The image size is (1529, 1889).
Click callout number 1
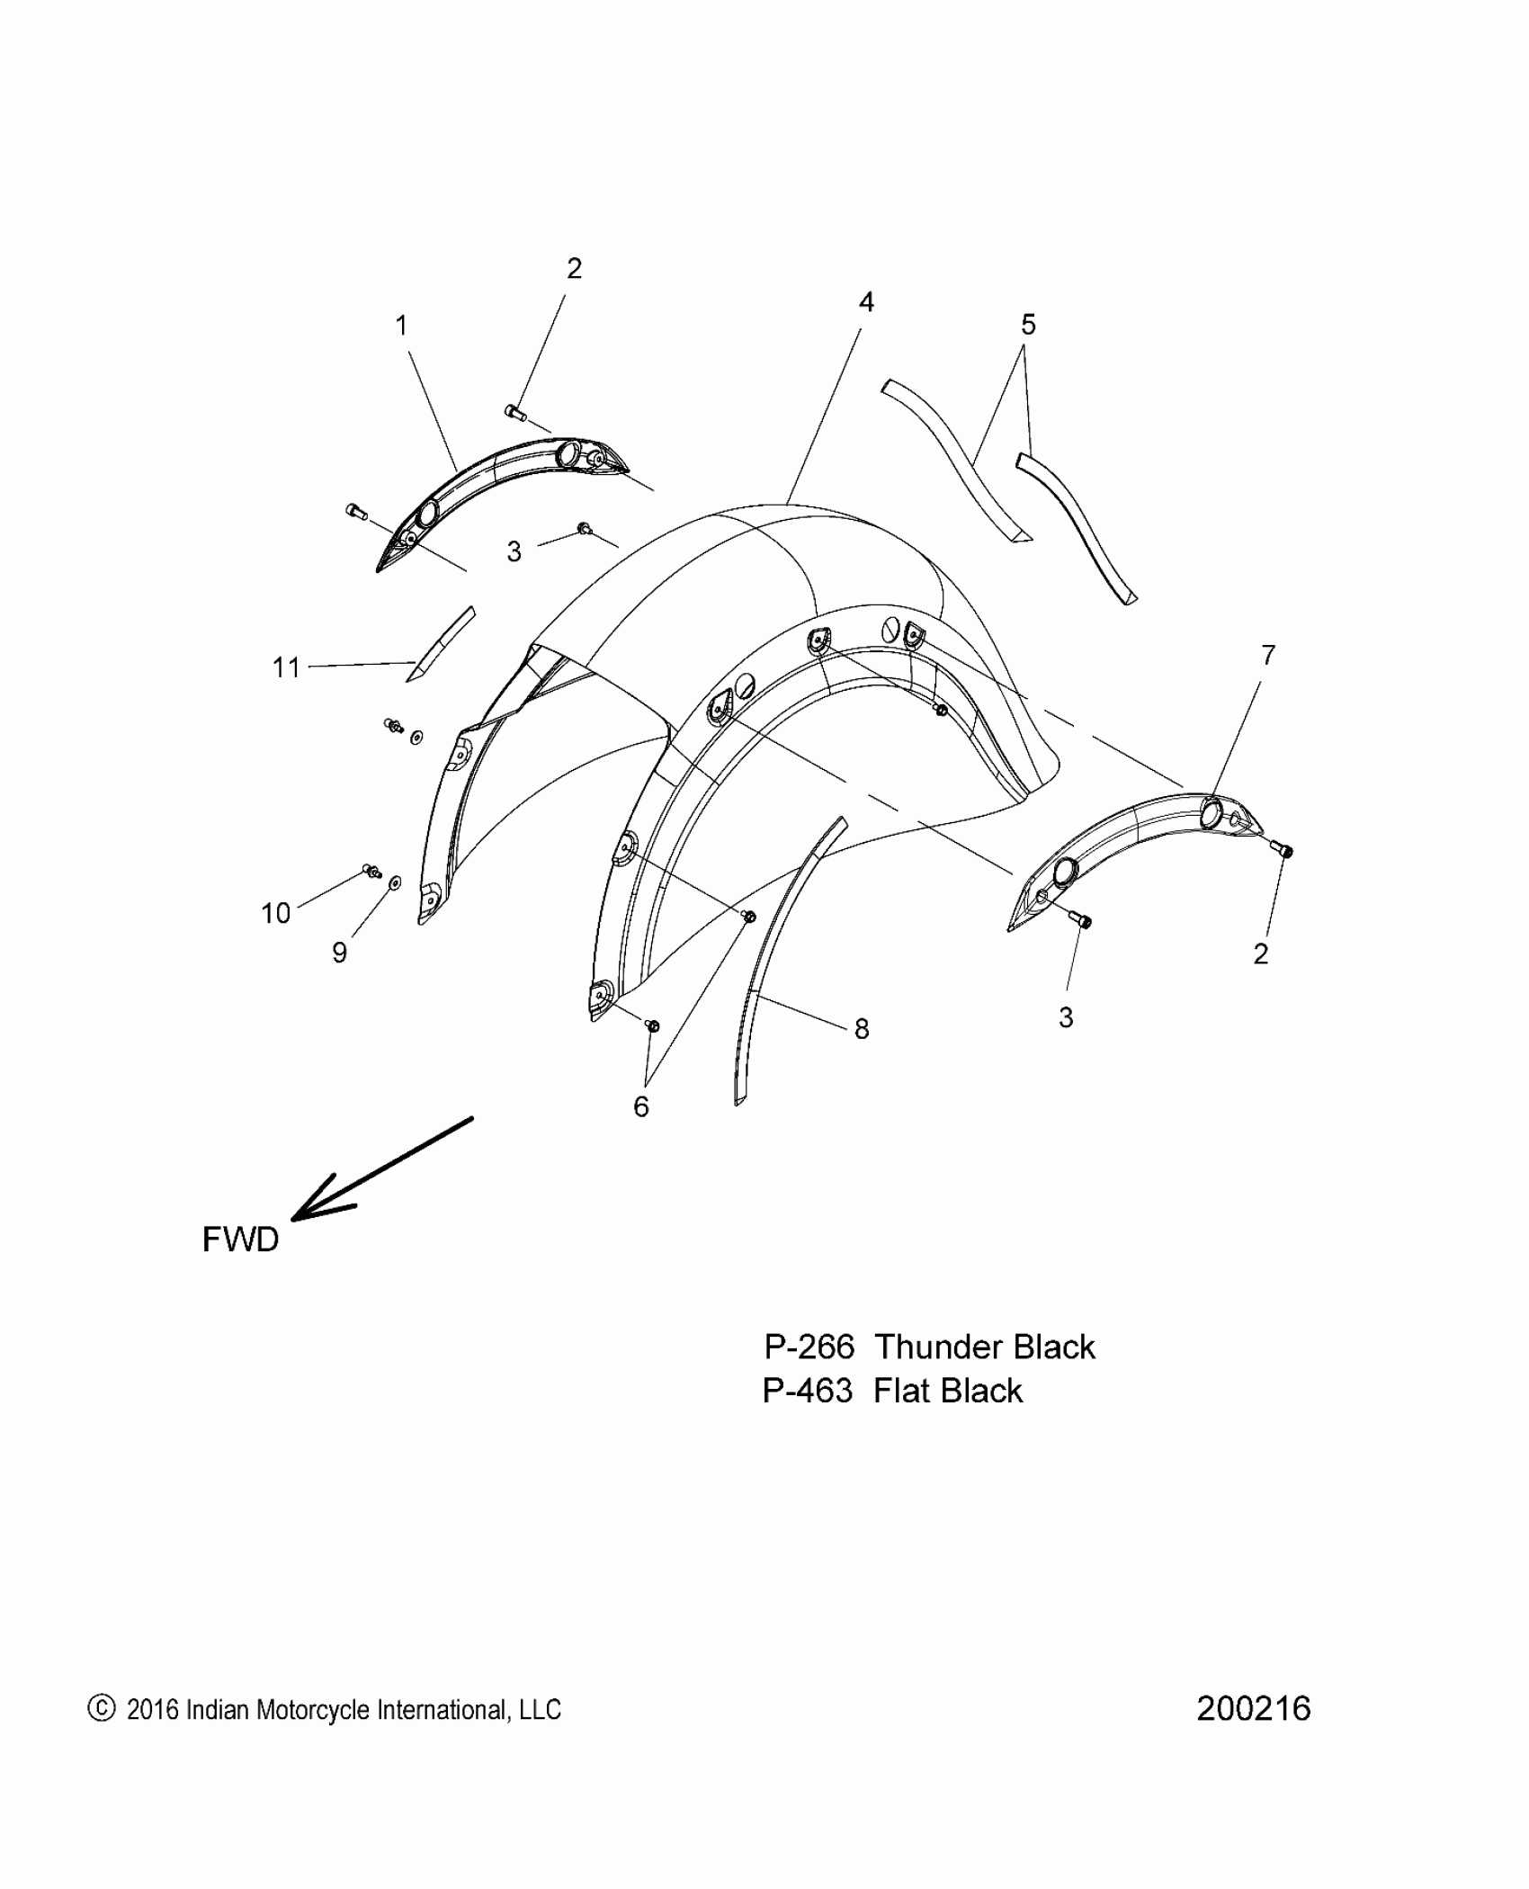(401, 326)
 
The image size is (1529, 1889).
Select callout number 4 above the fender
(865, 302)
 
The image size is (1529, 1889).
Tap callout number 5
(1028, 324)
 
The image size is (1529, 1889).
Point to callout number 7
(1267, 656)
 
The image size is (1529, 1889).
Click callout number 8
(862, 1029)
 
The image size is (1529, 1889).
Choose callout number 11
(286, 667)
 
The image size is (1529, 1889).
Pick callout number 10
(275, 913)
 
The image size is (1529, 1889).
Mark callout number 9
(339, 953)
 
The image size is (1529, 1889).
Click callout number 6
(640, 1106)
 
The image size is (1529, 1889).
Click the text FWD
(240, 1240)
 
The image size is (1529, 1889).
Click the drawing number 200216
(1253, 1708)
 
